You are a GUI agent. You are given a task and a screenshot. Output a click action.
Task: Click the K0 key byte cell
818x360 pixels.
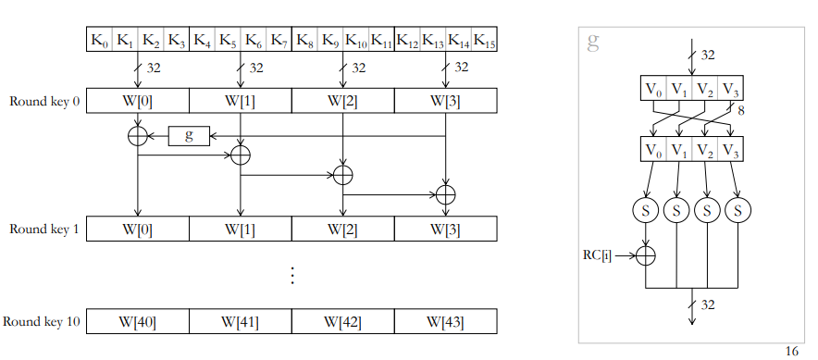[x=99, y=39]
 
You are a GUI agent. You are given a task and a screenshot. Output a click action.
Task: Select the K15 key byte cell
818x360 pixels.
[x=484, y=39]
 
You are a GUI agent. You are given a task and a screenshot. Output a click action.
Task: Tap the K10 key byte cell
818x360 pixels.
[x=355, y=39]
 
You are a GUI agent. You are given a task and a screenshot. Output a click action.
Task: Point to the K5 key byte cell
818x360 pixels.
[x=228, y=39]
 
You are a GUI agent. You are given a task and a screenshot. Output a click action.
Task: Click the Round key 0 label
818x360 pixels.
[x=44, y=101]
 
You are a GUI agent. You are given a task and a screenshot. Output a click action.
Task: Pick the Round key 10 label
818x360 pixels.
[x=42, y=321]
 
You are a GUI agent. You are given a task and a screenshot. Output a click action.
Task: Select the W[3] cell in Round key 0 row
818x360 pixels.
[x=445, y=101]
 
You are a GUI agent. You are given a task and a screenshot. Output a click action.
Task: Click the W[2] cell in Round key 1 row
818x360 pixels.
[x=342, y=229]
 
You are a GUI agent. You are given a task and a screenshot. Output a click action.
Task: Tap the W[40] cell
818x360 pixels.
[x=138, y=321]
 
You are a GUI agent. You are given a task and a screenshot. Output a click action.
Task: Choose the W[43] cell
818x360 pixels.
[x=445, y=321]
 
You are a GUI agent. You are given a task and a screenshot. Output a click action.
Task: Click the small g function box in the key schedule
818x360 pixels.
[x=189, y=136]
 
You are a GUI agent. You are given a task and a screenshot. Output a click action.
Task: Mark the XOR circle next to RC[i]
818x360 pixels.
[x=646, y=255]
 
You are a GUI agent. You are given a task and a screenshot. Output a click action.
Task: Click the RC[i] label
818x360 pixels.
[x=597, y=255]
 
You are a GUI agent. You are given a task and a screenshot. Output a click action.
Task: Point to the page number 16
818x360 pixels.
[x=791, y=352]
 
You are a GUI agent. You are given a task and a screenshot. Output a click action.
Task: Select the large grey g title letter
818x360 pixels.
[x=592, y=42]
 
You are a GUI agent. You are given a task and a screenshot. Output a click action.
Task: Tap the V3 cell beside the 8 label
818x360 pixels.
[x=730, y=88]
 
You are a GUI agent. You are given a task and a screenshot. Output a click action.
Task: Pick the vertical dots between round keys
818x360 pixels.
[x=292, y=275]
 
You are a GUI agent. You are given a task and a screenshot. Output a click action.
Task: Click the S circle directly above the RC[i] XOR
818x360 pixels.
[x=646, y=211]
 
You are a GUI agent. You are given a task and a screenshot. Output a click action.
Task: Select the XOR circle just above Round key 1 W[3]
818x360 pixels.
[x=445, y=195]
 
